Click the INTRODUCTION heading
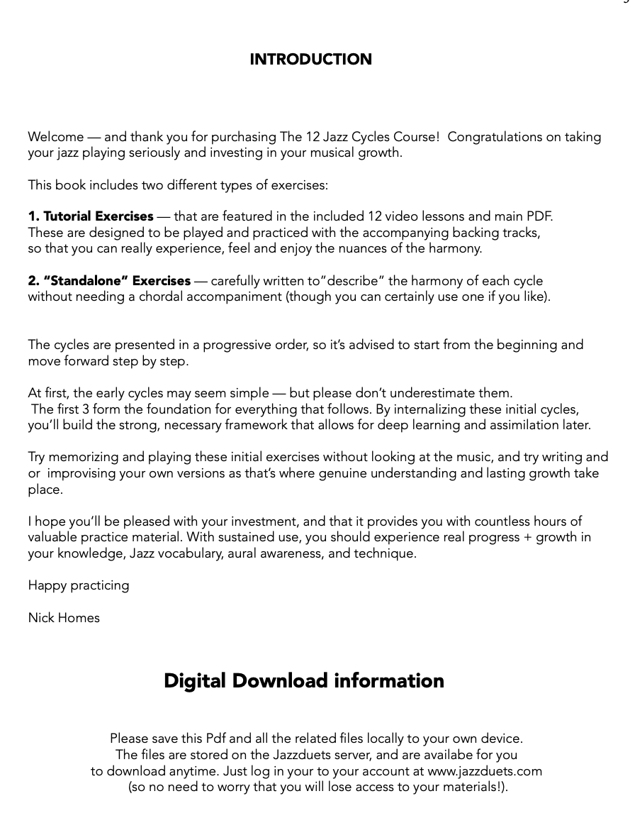310,60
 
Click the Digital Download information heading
304,681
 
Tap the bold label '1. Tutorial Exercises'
91,216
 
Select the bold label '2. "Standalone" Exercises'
109,281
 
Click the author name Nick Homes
64,618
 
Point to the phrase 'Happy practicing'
79,585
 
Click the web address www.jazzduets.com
485,771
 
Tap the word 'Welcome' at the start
55,137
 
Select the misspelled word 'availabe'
449,755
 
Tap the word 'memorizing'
83,457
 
